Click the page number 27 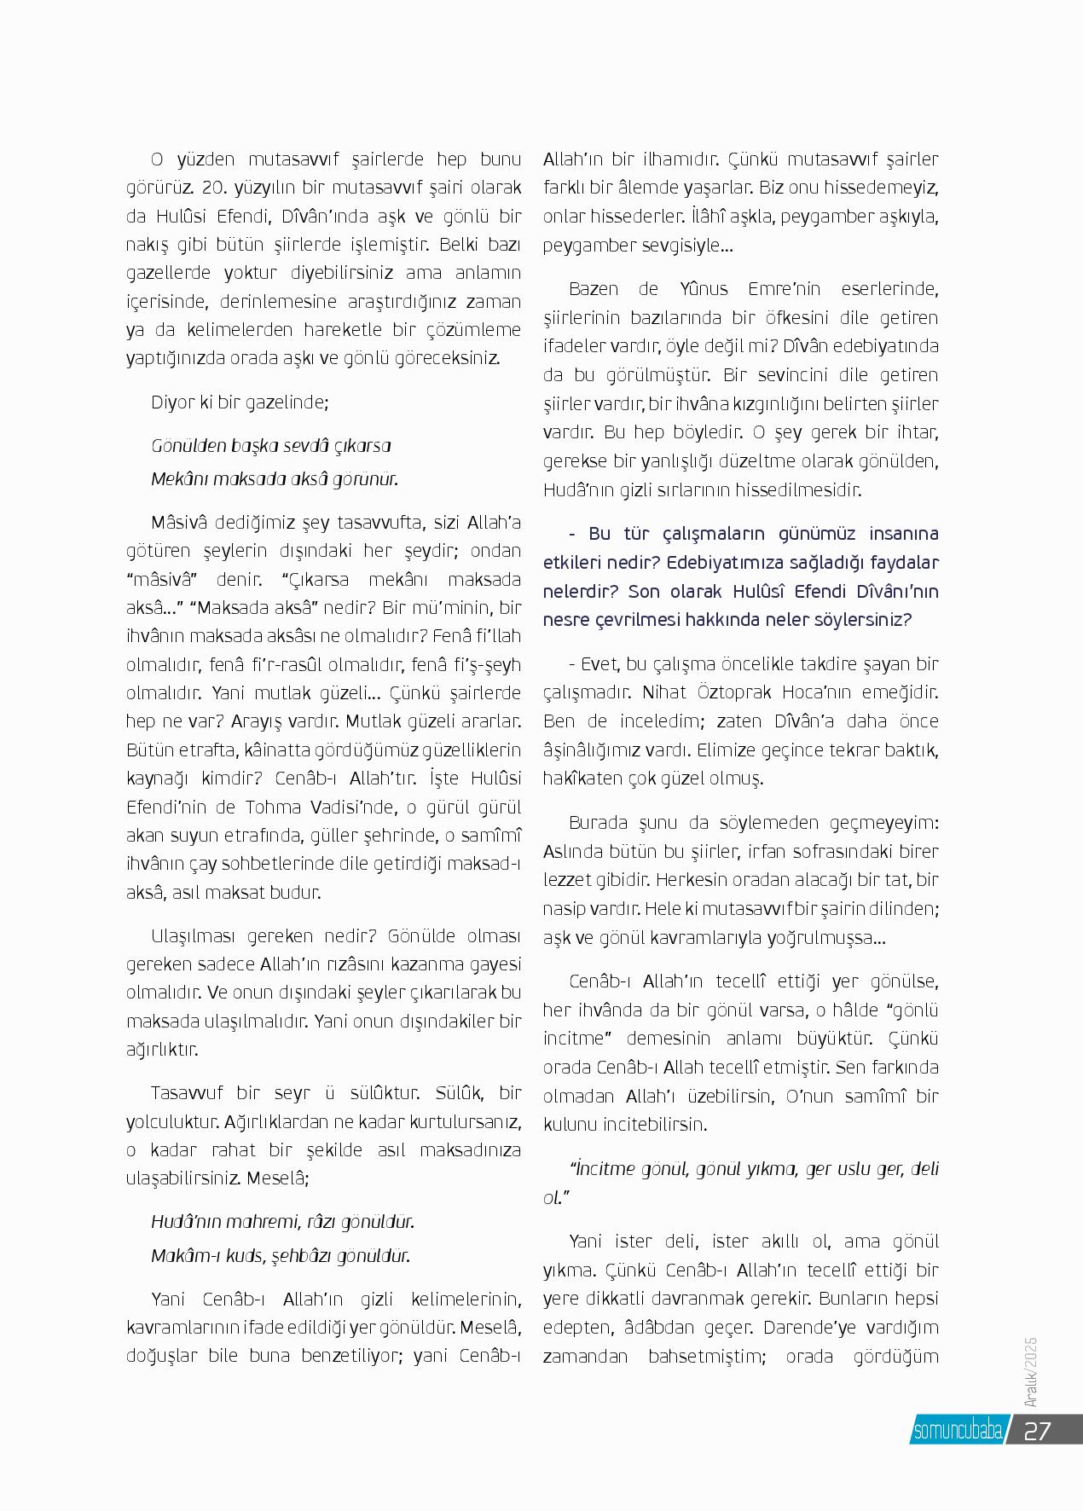1037,1430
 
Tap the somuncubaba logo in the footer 957,1431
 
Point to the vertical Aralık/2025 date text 1030,1372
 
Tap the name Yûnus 708,289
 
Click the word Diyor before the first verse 172,402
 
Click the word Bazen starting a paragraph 594,289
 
